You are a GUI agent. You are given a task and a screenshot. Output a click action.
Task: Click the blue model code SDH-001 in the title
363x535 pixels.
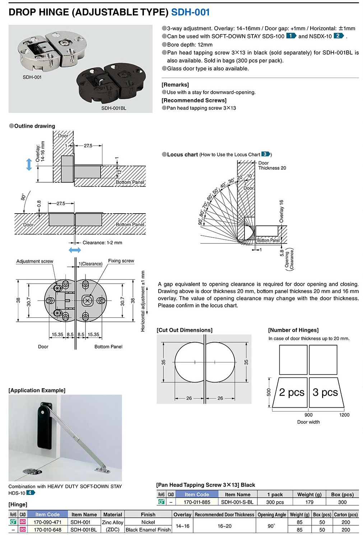pos(190,12)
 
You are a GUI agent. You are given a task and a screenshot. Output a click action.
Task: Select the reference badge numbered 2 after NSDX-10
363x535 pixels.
pos(339,36)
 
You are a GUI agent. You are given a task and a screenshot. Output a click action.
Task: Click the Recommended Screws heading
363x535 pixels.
pos(194,100)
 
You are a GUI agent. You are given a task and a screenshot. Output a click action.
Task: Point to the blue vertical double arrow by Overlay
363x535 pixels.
pos(29,164)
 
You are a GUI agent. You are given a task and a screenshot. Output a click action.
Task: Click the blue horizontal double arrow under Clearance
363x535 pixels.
pos(75,250)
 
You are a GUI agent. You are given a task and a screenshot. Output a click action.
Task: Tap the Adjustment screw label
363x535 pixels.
pos(34,261)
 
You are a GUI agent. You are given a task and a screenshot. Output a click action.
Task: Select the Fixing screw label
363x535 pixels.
pos(121,261)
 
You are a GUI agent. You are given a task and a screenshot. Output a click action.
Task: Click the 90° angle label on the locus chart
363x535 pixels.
pos(200,222)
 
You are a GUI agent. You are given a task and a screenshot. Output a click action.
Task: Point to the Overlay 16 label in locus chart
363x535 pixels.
pos(281,211)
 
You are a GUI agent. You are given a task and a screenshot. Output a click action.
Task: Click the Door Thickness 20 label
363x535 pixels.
pos(272,165)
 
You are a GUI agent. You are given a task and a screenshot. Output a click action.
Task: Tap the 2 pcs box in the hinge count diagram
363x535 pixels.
pos(292,392)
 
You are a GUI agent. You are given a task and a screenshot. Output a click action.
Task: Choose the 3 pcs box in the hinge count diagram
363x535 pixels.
pos(325,392)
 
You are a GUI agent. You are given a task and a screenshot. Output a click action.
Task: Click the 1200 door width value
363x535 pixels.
pos(344,415)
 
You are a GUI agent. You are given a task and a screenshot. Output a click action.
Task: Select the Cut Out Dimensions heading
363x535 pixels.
pos(185,330)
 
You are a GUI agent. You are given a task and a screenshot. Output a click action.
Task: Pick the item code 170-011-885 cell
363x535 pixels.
pos(197,502)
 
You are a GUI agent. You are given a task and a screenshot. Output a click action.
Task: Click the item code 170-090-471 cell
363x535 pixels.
pos(47,522)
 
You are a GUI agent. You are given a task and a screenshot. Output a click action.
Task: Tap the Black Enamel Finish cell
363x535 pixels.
pos(148,530)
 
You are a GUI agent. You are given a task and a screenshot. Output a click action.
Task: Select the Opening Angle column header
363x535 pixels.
pos(272,515)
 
